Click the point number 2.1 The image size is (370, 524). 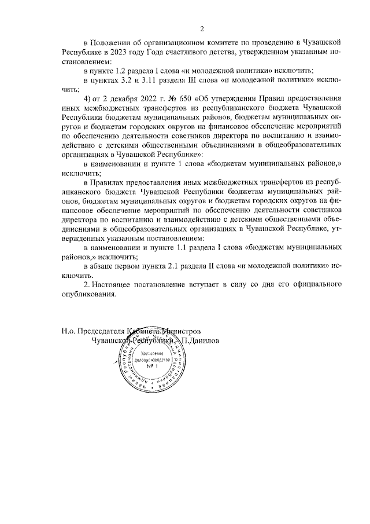pyautogui.click(x=166, y=266)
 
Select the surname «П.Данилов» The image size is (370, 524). pyautogui.click(x=201, y=340)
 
